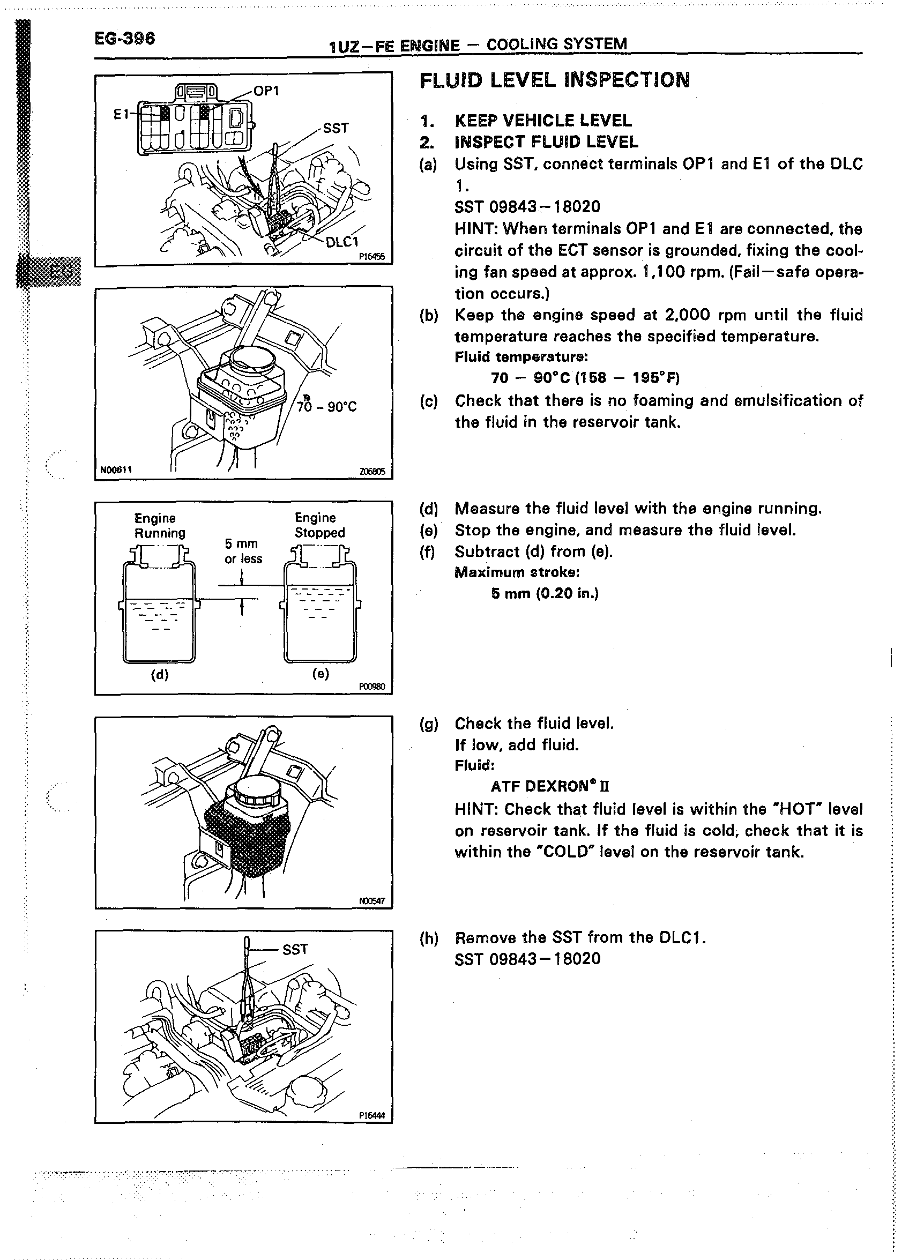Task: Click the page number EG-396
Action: coord(124,39)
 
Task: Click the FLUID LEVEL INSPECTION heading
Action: coord(555,80)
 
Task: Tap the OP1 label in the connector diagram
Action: coord(266,91)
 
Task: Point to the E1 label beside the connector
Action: coord(121,114)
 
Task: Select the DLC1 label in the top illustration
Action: coord(342,241)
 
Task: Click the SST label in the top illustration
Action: coord(336,128)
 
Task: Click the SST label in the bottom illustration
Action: coord(295,950)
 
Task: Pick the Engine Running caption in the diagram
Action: coord(160,526)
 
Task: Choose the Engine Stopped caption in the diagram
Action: coord(319,525)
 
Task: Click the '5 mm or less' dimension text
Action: coord(243,551)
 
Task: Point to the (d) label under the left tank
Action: coord(160,675)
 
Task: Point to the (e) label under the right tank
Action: coord(321,674)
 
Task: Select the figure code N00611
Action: coord(116,470)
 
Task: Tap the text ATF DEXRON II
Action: coord(550,786)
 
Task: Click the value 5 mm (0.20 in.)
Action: coord(545,593)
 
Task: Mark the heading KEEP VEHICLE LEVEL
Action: coord(543,121)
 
